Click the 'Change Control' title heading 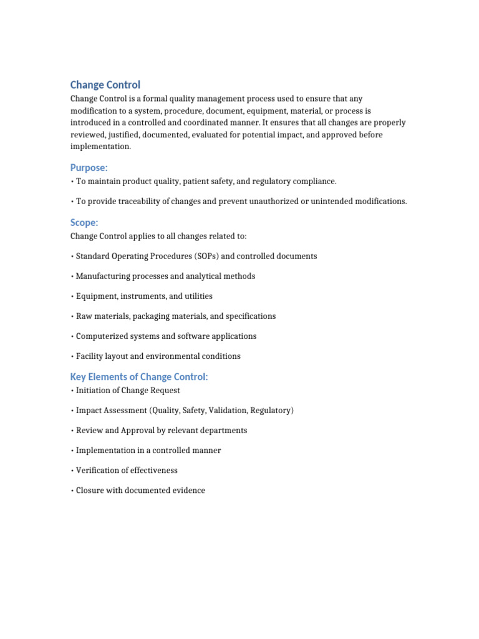[105, 85]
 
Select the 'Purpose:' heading [89, 167]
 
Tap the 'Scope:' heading [84, 223]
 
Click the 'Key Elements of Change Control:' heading [139, 376]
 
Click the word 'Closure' [90, 490]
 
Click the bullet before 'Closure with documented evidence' [72, 490]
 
